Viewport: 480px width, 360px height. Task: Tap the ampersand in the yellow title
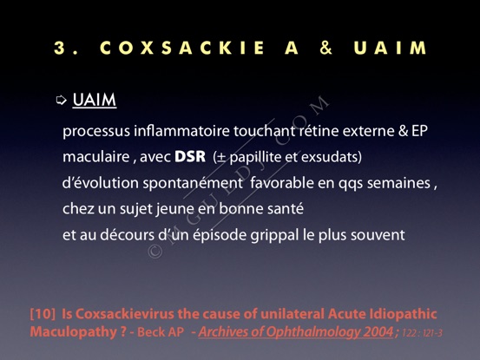326,48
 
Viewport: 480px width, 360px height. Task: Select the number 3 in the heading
59,48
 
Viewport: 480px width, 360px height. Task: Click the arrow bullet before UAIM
62,100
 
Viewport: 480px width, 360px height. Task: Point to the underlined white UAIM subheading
95,100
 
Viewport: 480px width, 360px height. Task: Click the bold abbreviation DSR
190,157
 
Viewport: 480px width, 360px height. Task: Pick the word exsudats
330,157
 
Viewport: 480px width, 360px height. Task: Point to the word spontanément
193,184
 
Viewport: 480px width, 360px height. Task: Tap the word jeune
174,209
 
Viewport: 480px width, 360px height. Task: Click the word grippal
274,235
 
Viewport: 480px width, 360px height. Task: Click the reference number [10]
43,314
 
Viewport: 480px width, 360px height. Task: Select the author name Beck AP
161,332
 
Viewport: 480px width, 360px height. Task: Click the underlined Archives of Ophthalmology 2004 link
296,332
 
